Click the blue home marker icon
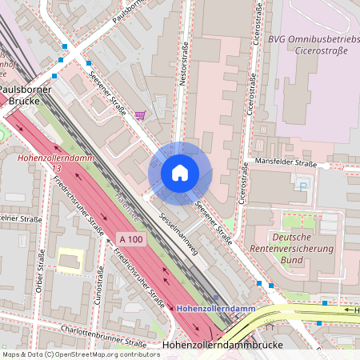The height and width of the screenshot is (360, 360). [179, 173]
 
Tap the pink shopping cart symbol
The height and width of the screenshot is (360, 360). [141, 115]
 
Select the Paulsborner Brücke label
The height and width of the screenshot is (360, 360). [25, 95]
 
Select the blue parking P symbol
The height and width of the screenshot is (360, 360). [302, 186]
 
